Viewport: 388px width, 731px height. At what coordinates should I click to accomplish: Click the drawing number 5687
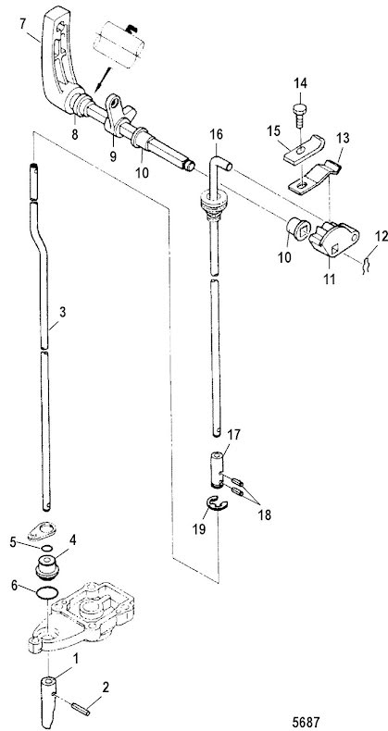pyautogui.click(x=307, y=722)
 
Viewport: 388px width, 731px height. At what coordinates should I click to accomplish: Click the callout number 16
pyautogui.click(x=216, y=135)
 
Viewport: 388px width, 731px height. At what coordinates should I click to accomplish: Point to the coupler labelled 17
pyautogui.click(x=217, y=470)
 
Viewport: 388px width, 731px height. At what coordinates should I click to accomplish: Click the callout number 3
pyautogui.click(x=62, y=312)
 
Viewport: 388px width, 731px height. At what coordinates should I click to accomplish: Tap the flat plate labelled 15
pyautogui.click(x=304, y=150)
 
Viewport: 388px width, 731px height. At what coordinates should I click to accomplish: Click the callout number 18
pyautogui.click(x=264, y=514)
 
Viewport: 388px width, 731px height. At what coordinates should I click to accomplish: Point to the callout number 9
pyautogui.click(x=113, y=156)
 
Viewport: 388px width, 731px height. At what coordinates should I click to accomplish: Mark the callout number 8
pyautogui.click(x=75, y=135)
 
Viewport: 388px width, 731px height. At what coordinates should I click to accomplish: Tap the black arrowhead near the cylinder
pyautogui.click(x=98, y=87)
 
